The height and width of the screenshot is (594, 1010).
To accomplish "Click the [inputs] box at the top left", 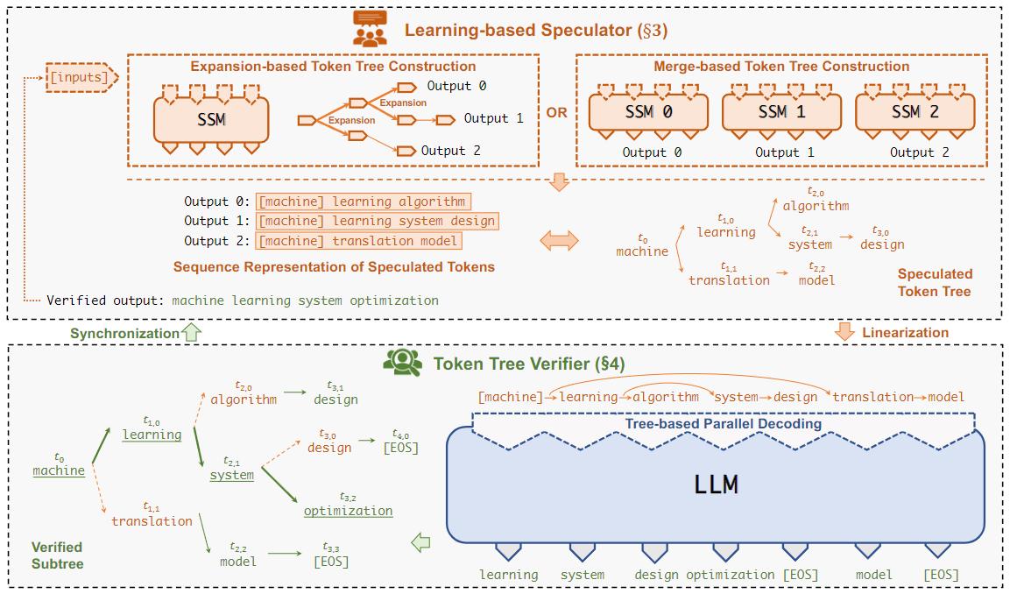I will click(80, 78).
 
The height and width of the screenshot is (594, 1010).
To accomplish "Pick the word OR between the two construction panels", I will click(556, 112).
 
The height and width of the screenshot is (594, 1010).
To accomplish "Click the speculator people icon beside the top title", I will click(371, 31).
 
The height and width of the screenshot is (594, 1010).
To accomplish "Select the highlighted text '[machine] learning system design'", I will click(378, 221).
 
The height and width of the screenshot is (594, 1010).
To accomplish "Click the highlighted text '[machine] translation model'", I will click(359, 241).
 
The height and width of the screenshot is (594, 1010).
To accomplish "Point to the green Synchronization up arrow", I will click(193, 333).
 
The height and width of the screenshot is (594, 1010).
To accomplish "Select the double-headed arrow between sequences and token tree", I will click(559, 240).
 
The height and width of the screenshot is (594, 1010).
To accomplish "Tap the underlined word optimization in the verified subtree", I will click(348, 511).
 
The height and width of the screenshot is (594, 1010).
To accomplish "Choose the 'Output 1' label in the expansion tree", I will click(493, 118).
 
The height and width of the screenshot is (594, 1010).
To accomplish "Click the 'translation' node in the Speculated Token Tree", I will click(728, 279).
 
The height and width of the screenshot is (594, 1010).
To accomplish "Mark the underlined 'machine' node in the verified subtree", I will click(59, 470).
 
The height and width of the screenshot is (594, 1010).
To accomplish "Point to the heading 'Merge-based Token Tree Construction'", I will click(781, 67).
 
